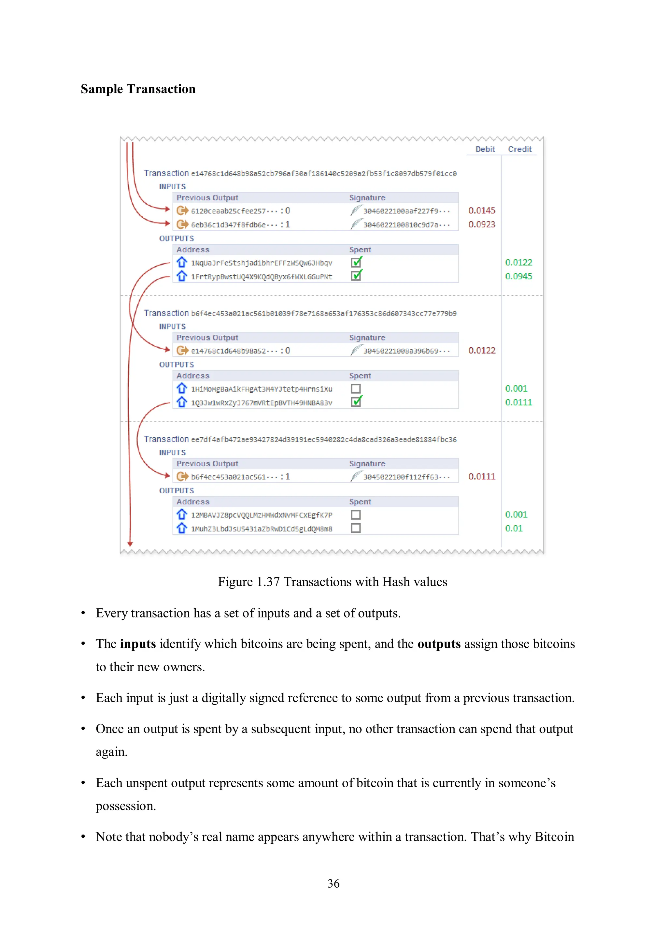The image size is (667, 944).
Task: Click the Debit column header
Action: coord(485,149)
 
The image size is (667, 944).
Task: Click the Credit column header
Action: coord(519,149)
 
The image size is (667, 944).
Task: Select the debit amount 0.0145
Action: coord(482,211)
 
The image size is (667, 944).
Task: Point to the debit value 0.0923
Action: coord(482,225)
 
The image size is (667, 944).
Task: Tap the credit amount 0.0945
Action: coord(518,276)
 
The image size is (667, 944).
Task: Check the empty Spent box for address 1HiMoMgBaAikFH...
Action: coord(356,388)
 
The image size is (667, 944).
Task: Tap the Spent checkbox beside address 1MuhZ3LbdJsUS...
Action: coord(356,528)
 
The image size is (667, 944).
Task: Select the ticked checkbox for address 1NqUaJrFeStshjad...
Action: coord(356,262)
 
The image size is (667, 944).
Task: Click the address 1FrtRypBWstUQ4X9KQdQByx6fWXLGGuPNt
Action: coord(262,277)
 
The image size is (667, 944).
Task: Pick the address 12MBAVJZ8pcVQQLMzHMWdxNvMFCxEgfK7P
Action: coord(262,515)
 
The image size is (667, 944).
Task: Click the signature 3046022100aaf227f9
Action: coord(406,211)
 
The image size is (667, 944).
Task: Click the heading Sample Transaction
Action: coord(138,89)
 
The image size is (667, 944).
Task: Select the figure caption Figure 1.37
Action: coord(333,582)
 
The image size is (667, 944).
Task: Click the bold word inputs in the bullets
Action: coord(138,644)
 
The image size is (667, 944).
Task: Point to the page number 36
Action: coord(333,884)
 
